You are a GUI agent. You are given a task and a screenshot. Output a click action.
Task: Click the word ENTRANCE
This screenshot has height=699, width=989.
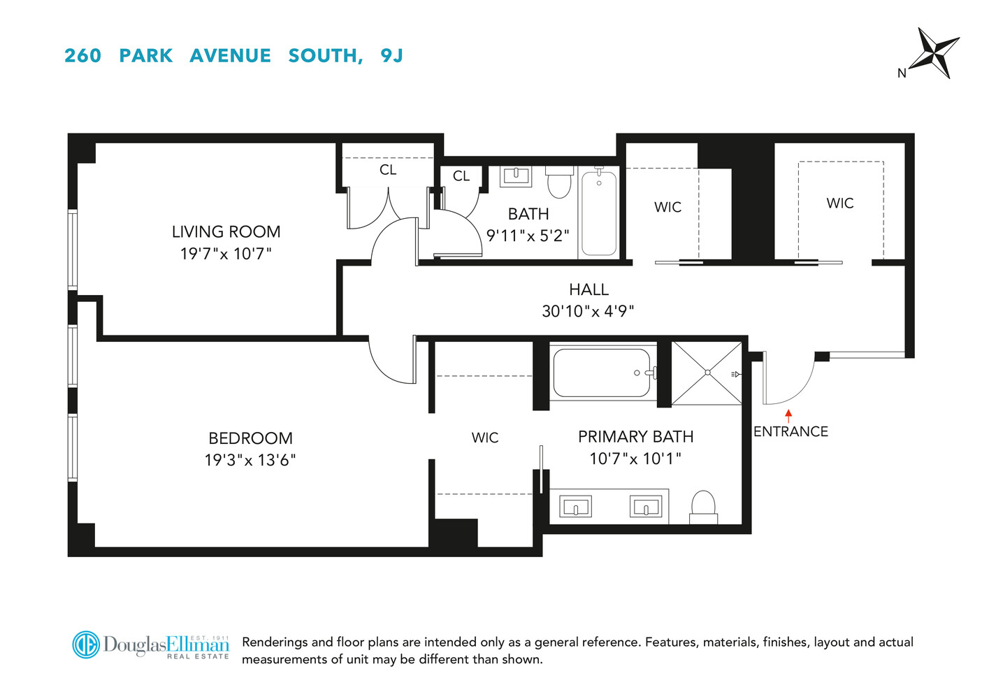pyautogui.click(x=791, y=431)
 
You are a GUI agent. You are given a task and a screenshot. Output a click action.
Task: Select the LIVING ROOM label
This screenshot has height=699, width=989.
pyautogui.click(x=226, y=232)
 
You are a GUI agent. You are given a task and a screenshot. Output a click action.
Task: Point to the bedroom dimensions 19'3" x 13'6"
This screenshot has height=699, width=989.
pyautogui.click(x=250, y=460)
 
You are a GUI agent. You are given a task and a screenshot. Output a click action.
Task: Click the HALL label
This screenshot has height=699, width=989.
pyautogui.click(x=589, y=289)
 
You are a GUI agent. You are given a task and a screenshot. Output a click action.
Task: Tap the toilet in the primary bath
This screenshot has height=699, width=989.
pyautogui.click(x=703, y=507)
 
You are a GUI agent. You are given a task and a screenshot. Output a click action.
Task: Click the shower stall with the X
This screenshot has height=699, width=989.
pyautogui.click(x=707, y=373)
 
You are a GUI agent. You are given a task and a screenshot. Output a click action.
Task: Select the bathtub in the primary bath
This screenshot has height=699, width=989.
pyautogui.click(x=602, y=373)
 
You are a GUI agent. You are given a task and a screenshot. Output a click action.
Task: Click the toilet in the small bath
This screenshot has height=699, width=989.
pyautogui.click(x=559, y=182)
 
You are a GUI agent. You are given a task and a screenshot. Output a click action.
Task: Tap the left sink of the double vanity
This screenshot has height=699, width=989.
pyautogui.click(x=576, y=507)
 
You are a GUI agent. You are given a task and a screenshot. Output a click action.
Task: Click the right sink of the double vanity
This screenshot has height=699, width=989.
pyautogui.click(x=646, y=507)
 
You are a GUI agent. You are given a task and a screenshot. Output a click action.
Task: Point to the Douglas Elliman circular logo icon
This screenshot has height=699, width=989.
pyautogui.click(x=86, y=645)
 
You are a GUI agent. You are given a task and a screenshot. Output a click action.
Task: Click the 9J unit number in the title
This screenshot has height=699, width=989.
pyautogui.click(x=392, y=56)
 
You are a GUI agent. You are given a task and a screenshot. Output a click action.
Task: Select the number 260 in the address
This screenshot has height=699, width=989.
pyautogui.click(x=83, y=56)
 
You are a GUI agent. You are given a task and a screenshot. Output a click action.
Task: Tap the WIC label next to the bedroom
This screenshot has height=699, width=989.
pyautogui.click(x=485, y=438)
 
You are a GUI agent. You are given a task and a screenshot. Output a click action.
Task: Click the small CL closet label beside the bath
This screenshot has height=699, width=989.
pyautogui.click(x=461, y=176)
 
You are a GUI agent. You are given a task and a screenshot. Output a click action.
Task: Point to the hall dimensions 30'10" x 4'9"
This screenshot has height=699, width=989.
pyautogui.click(x=588, y=311)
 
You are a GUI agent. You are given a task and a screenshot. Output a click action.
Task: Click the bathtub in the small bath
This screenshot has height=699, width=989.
pyautogui.click(x=599, y=212)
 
